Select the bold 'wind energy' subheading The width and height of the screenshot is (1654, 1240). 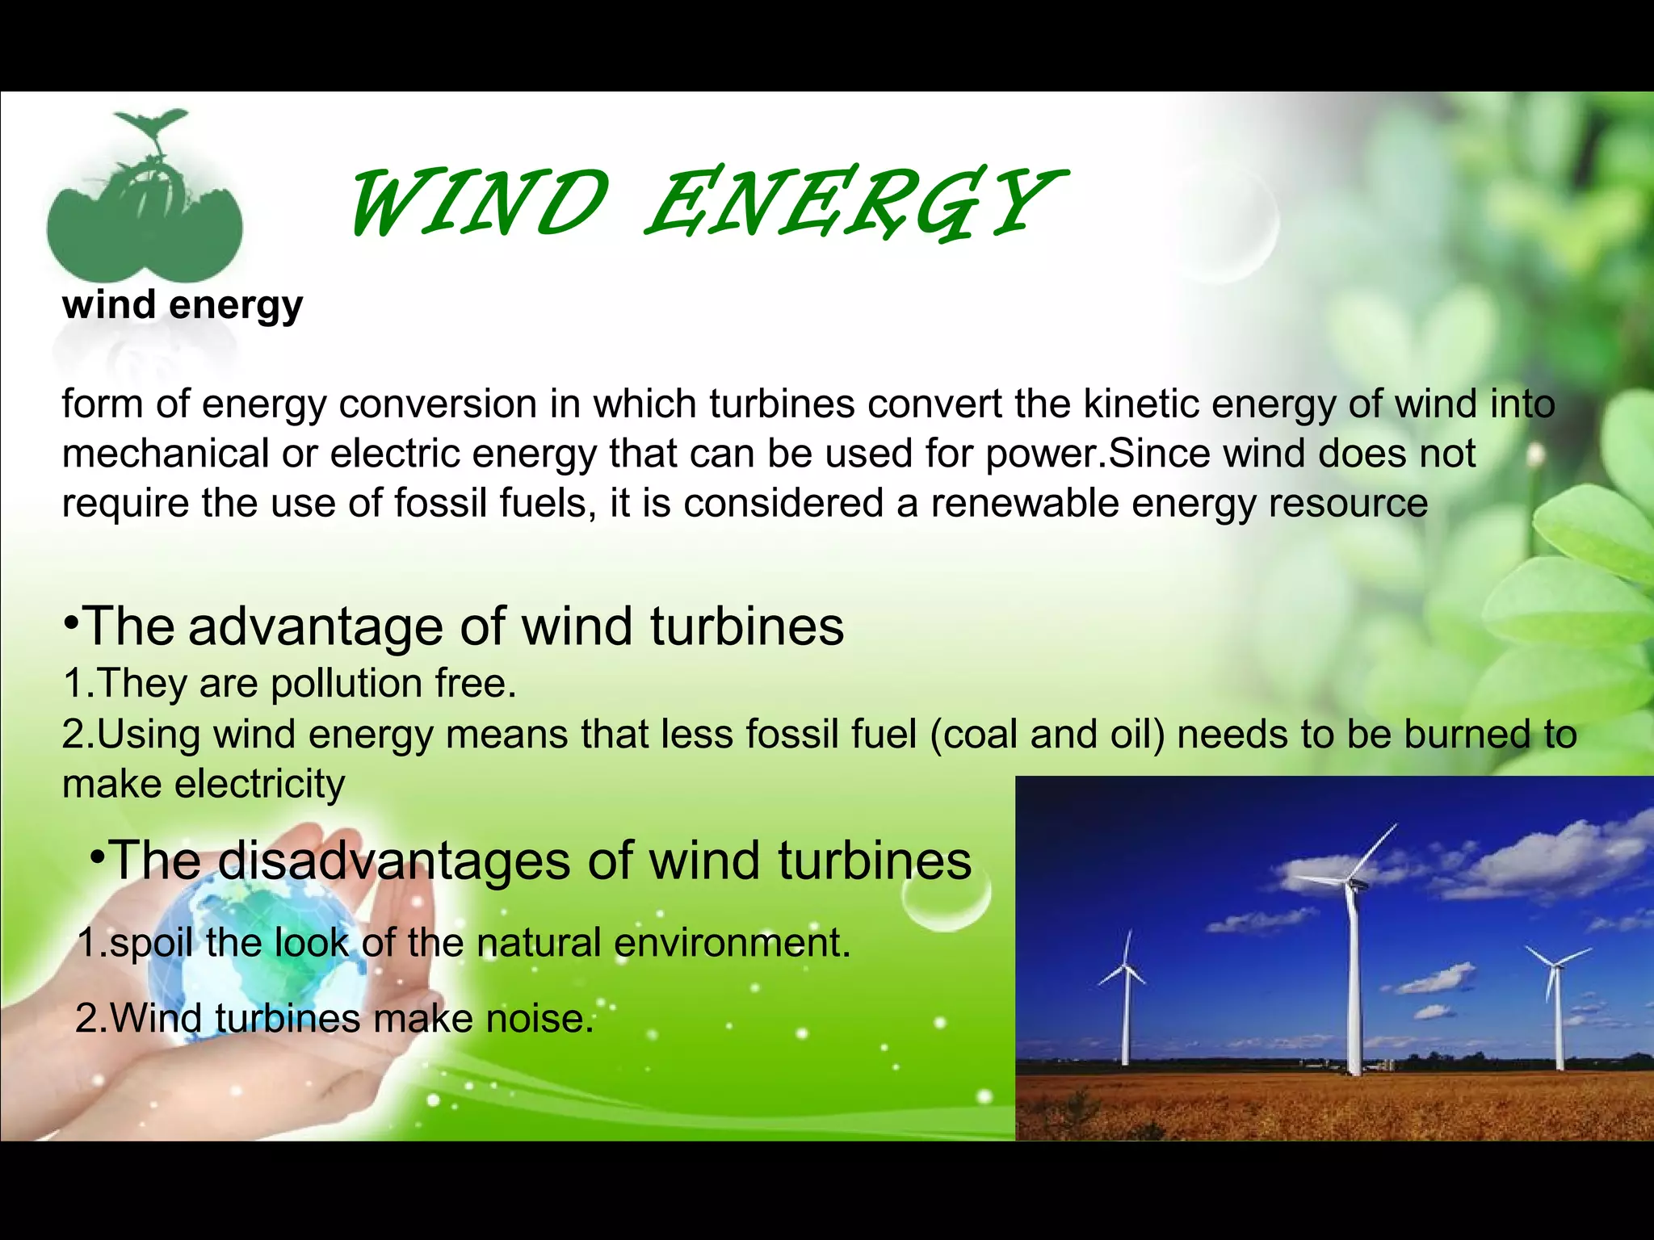coord(183,305)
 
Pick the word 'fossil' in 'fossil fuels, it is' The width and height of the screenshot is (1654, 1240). coord(440,503)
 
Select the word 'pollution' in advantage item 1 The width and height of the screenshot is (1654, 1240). coord(346,683)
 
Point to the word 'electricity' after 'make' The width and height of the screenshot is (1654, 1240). coord(259,784)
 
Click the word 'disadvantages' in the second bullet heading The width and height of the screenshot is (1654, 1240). coord(395,860)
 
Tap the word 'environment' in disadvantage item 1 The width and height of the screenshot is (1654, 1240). coord(732,942)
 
